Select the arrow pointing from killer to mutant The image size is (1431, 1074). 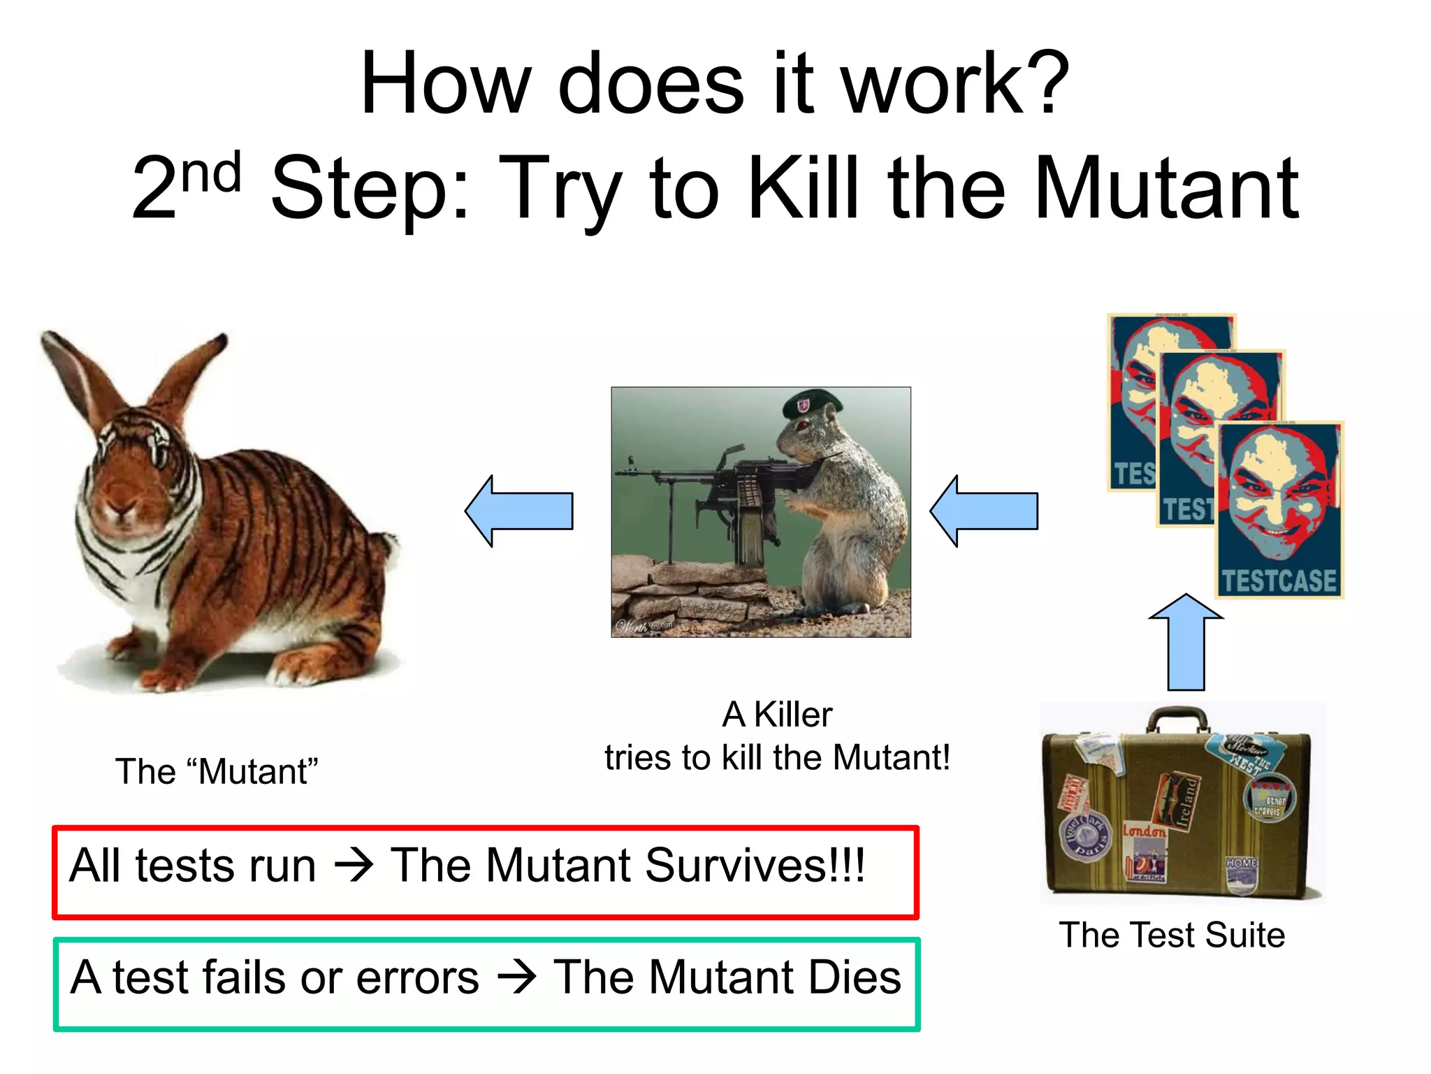click(x=519, y=511)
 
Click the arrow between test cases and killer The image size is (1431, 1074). click(x=984, y=511)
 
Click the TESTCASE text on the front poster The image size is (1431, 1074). click(x=1278, y=581)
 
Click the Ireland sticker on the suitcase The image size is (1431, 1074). click(x=1182, y=800)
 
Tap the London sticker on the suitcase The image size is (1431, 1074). click(x=1145, y=831)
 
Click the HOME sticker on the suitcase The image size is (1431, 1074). click(x=1241, y=864)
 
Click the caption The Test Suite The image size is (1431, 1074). click(x=1172, y=935)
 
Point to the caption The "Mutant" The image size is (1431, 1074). click(x=217, y=772)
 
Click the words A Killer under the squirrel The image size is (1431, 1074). click(x=777, y=715)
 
